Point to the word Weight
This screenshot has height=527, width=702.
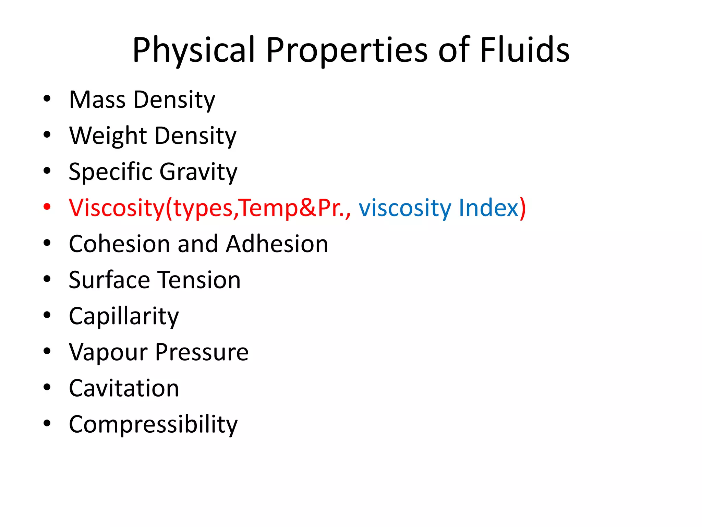pos(108,136)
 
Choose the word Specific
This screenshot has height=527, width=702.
pos(110,172)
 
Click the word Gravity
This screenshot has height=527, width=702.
pos(198,172)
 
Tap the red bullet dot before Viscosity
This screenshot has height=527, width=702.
pos(47,207)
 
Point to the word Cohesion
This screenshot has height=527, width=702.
pos(119,244)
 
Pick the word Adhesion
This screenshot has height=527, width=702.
pos(277,244)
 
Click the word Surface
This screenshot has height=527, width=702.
pos(109,280)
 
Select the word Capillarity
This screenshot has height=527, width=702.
pos(124,316)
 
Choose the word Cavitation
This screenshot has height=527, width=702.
pos(124,388)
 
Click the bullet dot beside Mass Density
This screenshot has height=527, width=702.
pos(47,99)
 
